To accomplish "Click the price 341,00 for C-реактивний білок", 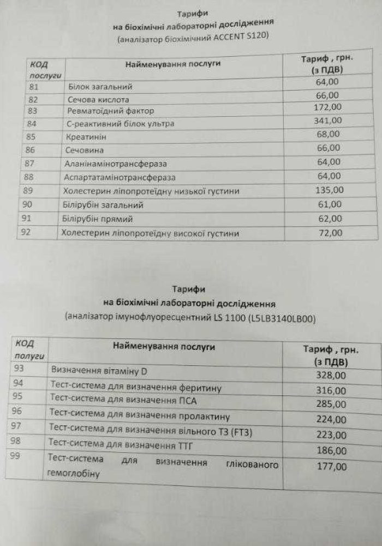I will point(328,121).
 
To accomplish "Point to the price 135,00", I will point(329,190).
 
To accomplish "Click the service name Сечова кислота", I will point(98,100).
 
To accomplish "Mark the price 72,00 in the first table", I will point(330,233).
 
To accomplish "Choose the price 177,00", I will point(331,467).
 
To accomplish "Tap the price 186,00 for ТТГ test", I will point(331,451).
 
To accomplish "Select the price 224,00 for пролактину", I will point(331,420).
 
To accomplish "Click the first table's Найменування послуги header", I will point(173,64).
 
